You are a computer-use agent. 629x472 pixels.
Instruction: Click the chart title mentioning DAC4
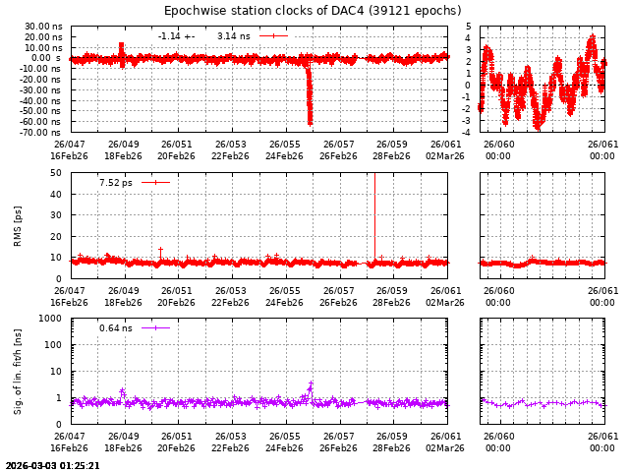313,11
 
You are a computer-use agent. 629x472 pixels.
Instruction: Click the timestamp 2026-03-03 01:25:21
52,466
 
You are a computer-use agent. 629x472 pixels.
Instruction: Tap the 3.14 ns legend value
233,36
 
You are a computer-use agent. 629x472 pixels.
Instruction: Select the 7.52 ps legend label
116,182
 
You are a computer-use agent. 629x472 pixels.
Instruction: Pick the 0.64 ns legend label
115,328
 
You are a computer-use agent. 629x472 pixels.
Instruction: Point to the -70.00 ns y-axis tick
44,132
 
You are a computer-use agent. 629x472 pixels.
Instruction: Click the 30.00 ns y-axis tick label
44,27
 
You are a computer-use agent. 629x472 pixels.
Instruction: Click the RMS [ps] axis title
18,225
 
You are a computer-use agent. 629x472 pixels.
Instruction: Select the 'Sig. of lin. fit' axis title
18,372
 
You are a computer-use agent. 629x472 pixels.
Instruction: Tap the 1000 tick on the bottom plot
51,319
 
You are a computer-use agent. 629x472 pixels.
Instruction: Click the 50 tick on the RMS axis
56,173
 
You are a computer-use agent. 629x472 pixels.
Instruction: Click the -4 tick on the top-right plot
468,132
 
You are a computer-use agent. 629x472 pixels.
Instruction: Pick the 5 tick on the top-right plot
469,27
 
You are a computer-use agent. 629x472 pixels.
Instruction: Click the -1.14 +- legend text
176,36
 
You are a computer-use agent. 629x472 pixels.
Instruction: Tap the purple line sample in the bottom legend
155,328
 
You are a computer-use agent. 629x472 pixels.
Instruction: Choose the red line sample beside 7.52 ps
155,182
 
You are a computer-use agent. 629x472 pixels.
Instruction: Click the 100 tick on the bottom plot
54,345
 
